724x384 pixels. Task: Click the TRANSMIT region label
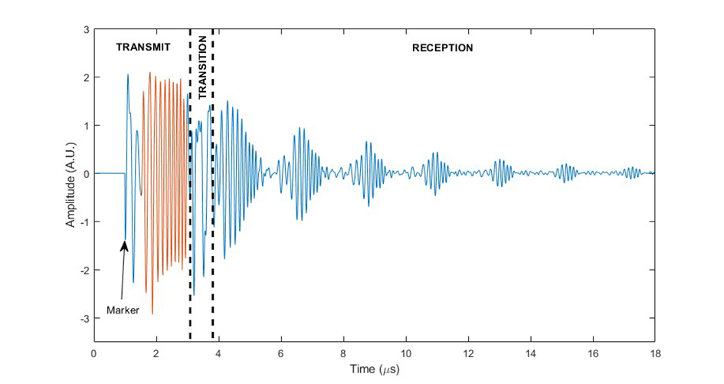(143, 48)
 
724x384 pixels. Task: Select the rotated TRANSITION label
(202, 67)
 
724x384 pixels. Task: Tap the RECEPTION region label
(442, 48)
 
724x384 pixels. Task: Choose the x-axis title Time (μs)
(373, 369)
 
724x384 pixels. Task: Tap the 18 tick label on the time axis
(654, 353)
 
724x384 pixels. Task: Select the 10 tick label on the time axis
(405, 353)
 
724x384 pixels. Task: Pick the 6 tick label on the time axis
(281, 353)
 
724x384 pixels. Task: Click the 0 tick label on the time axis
(94, 353)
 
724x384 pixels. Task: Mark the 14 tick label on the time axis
(530, 353)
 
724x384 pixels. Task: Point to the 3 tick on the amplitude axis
(86, 30)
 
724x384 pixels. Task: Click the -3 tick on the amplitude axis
(84, 318)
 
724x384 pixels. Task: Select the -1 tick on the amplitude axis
(84, 222)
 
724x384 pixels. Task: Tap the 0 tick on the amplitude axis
(86, 174)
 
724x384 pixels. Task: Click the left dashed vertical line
(190, 184)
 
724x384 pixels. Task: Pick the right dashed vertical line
(212, 184)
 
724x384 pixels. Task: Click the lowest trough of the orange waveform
(152, 313)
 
